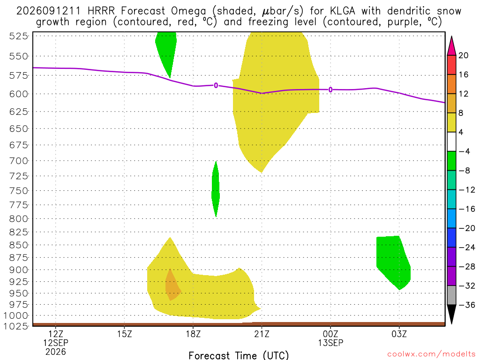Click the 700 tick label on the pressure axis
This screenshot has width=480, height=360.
18,161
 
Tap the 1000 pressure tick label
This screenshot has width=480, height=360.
16,315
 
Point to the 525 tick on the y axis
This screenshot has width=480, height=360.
18,36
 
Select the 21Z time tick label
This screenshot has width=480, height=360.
262,334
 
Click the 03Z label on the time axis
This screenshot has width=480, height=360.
399,334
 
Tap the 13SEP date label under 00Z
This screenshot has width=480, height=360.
330,343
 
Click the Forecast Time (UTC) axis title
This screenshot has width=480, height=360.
239,355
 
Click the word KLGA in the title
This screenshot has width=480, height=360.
342,11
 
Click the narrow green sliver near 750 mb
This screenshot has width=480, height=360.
216,189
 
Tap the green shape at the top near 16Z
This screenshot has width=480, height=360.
166,52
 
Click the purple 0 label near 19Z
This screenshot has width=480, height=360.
216,85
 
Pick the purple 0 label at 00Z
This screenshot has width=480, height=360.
330,90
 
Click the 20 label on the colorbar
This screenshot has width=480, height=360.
464,55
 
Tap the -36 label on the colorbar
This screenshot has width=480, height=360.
466,305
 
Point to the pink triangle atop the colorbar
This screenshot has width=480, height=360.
451,46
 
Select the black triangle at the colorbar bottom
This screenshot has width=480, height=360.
451,314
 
